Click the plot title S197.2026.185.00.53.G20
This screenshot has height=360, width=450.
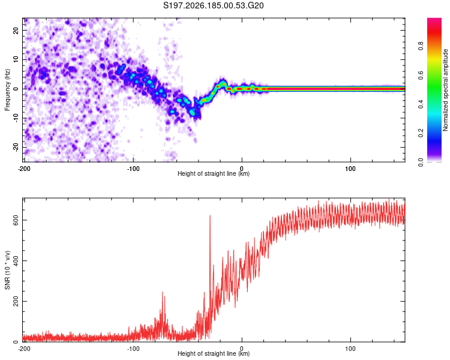point(213,5)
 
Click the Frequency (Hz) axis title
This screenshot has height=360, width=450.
point(7,90)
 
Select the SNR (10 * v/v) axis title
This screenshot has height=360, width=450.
point(7,270)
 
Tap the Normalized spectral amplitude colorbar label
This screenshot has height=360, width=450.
point(445,90)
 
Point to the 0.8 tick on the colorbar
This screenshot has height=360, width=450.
point(421,46)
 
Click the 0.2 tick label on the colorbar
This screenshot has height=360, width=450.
point(421,133)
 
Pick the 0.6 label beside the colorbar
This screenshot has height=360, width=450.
point(421,75)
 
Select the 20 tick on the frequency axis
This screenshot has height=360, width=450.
point(16,31)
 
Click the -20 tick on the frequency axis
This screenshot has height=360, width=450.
point(16,147)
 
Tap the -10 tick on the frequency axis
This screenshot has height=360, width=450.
point(16,118)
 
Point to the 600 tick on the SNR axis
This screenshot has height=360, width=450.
point(16,220)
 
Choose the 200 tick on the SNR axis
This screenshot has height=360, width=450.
point(16,301)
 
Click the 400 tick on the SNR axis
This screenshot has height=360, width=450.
point(16,260)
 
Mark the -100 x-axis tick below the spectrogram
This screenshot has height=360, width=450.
point(133,169)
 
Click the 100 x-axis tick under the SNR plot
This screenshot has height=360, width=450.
point(350,349)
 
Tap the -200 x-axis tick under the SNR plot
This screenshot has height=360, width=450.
point(24,349)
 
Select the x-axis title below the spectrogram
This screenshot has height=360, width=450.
point(214,173)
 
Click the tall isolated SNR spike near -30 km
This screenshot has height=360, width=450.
point(210,216)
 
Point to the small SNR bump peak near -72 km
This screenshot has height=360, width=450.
point(163,292)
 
